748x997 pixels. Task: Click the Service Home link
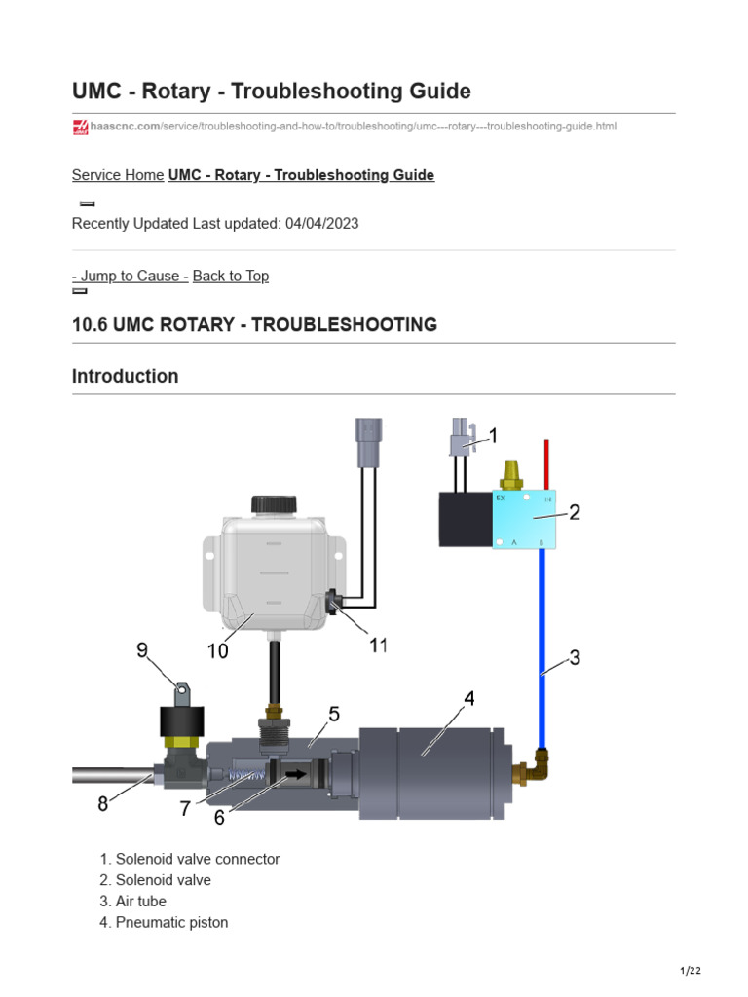point(118,175)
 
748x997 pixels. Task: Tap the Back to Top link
point(231,276)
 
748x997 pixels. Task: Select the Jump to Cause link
point(131,276)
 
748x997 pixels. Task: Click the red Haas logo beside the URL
point(81,127)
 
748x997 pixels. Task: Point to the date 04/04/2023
point(321,223)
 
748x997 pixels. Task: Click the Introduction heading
point(125,376)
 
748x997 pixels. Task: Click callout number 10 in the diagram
point(217,650)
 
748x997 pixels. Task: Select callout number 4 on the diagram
point(468,699)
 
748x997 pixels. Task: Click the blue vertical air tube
point(542,643)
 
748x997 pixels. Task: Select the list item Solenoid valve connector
point(197,859)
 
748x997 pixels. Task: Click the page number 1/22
point(690,971)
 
